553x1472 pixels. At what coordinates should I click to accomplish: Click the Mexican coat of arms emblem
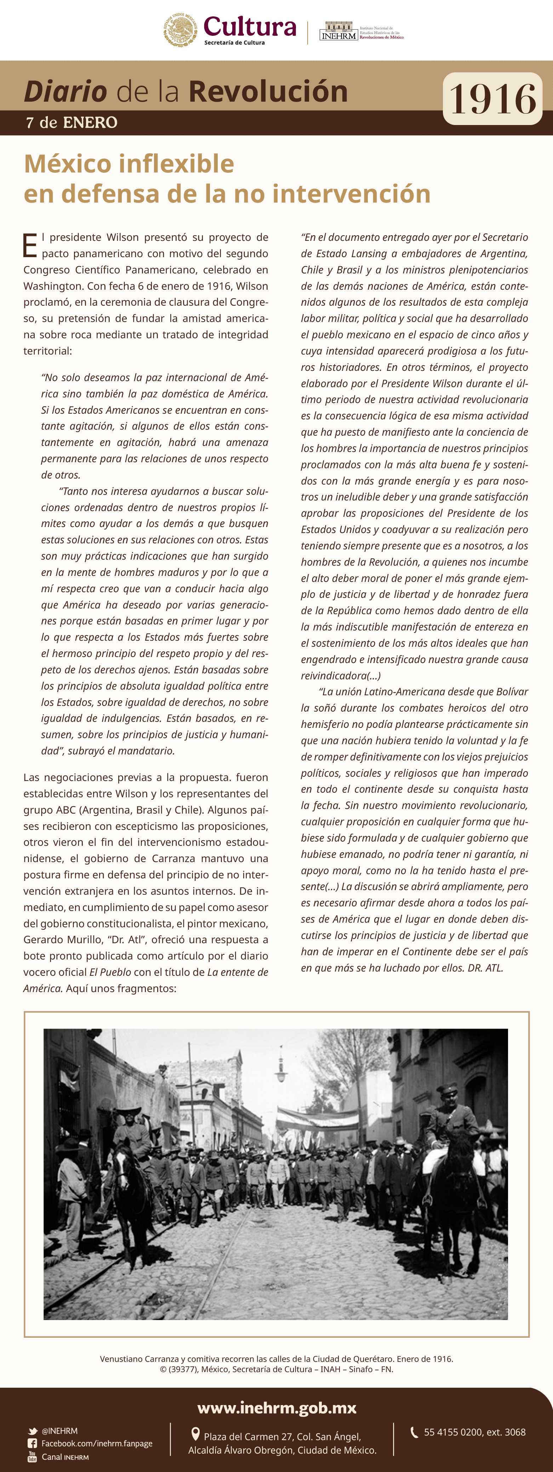click(x=181, y=30)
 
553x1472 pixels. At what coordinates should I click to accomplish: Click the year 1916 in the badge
click(x=492, y=99)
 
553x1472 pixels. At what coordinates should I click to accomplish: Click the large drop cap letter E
click(x=30, y=246)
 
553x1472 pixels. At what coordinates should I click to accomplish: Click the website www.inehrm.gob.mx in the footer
click(x=276, y=1408)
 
